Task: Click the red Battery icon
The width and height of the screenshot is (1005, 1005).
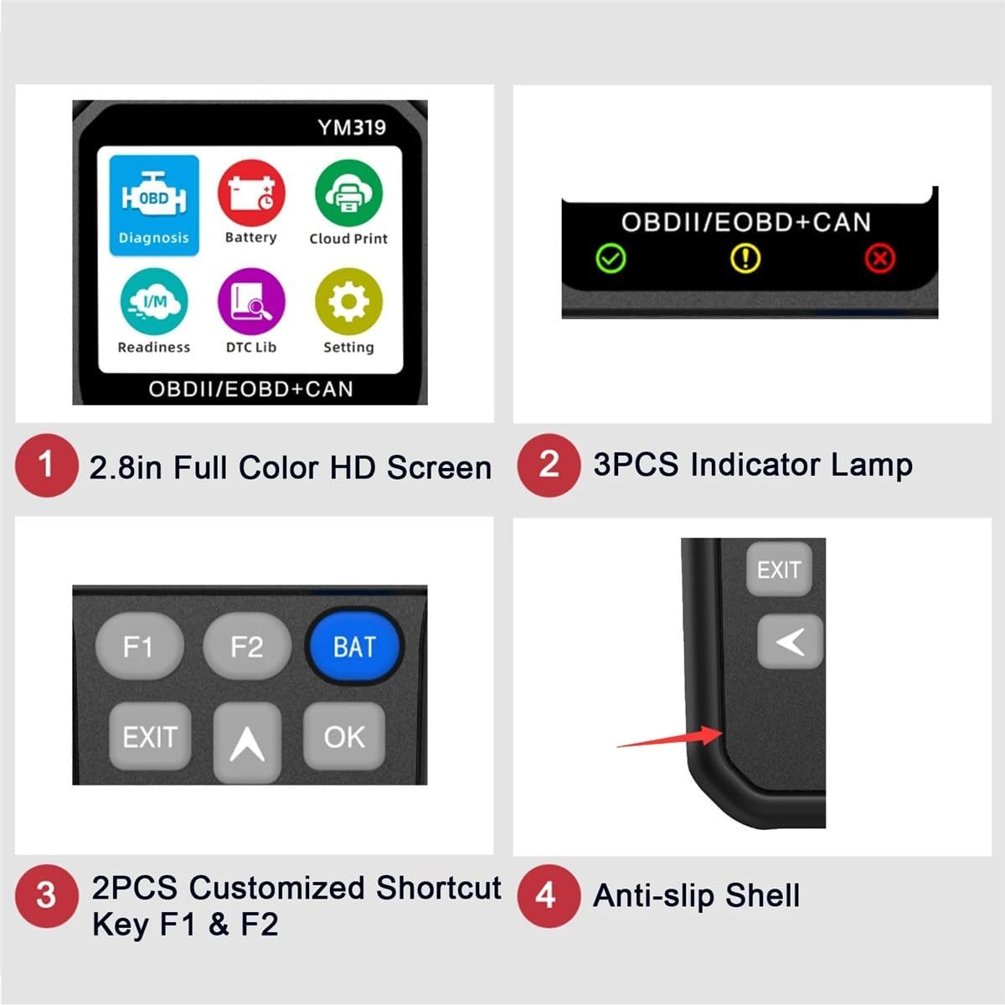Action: click(251, 193)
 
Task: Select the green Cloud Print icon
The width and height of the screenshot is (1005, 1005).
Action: click(348, 193)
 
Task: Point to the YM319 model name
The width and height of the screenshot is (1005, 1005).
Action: click(352, 127)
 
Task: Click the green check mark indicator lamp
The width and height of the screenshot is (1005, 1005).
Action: click(611, 258)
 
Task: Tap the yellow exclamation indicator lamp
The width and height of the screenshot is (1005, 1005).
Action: click(745, 258)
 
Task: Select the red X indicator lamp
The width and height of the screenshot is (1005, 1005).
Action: click(879, 258)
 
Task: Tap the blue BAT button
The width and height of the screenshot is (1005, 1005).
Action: click(353, 647)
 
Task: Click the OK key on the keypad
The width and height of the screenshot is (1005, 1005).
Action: click(344, 737)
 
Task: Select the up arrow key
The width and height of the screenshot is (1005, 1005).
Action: click(247, 741)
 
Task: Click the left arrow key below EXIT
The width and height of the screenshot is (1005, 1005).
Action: click(790, 642)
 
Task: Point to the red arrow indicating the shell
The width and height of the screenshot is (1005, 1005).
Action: click(670, 740)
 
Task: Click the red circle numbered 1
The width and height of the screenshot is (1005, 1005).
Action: click(46, 466)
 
